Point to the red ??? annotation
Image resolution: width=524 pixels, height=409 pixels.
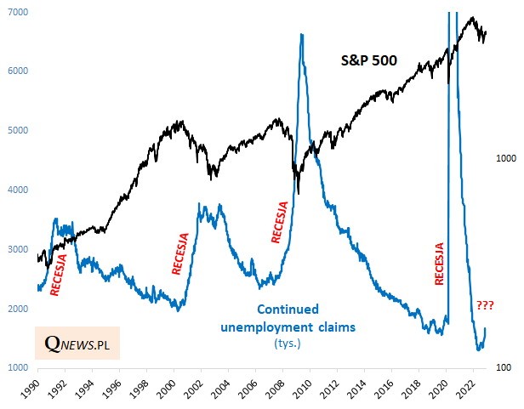485,305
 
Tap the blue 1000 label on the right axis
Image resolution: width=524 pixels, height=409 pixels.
506,159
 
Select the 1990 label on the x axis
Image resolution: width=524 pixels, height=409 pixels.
37,388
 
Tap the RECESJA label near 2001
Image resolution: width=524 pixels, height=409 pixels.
179,253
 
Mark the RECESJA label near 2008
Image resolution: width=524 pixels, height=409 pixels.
280,221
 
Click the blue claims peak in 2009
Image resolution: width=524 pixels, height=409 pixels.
301,35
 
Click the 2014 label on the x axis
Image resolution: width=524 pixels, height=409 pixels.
366,388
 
